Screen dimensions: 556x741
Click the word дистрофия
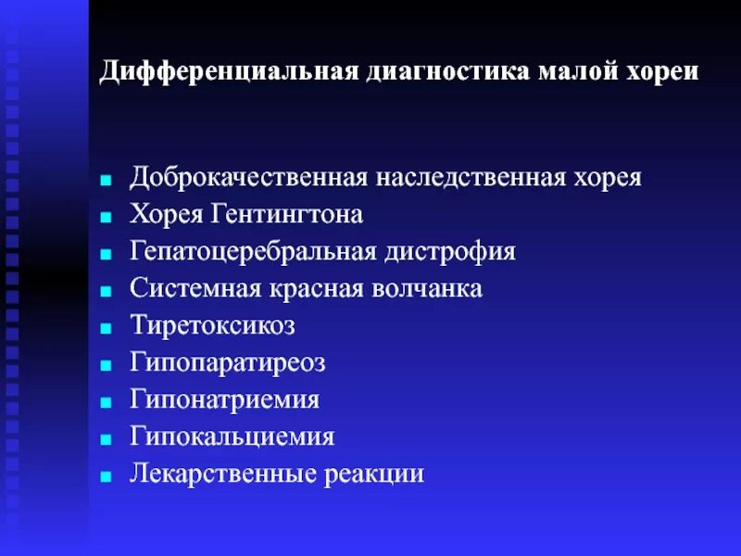coord(450,251)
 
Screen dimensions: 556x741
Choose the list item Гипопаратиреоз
coord(228,362)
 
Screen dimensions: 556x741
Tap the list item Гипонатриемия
coord(225,399)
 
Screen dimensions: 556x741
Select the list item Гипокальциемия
coord(232,436)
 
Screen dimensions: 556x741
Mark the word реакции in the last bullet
coord(374,474)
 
